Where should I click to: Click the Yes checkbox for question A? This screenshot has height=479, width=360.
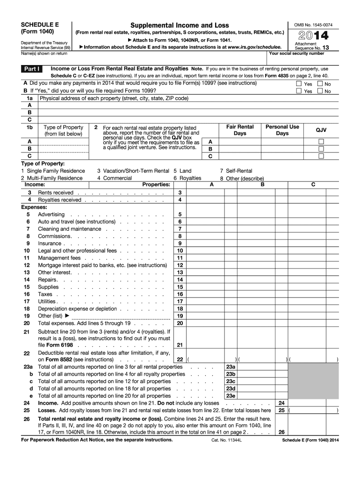299,84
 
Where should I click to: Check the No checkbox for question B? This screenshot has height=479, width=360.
320,91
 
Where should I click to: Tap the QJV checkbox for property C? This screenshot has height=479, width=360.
321,156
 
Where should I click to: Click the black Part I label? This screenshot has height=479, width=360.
32,69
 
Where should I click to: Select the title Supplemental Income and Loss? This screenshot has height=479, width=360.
180,25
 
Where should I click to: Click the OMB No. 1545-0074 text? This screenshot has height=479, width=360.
313,25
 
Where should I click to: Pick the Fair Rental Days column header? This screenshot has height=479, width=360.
239,130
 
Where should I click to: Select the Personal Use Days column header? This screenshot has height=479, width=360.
282,130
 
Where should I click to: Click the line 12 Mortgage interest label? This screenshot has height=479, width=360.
102,265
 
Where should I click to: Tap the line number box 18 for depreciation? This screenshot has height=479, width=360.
180,309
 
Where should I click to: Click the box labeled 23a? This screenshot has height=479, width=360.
230,367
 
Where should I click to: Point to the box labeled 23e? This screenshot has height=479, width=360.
230,396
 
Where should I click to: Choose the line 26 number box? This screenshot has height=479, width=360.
281,432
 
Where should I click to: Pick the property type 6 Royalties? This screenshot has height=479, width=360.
187,178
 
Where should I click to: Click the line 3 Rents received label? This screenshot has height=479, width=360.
56,193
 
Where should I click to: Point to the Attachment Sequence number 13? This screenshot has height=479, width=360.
325,47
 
